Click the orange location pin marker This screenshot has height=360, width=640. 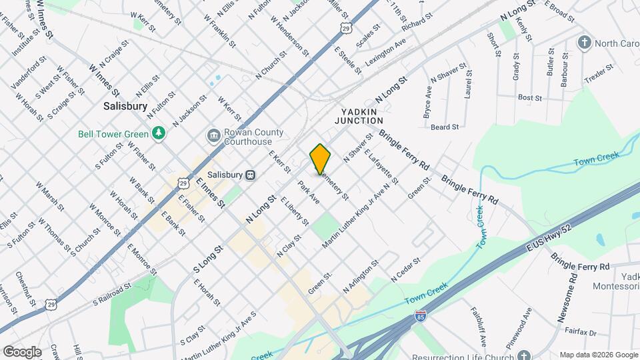pyautogui.click(x=320, y=159)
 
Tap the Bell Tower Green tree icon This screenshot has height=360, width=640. pyautogui.click(x=159, y=133)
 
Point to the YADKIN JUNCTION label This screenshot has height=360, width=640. pyautogui.click(x=362, y=116)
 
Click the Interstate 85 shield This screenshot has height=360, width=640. pyautogui.click(x=420, y=315)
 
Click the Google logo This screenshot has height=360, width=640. pyautogui.click(x=22, y=351)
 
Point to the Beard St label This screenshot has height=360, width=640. pyautogui.click(x=445, y=127)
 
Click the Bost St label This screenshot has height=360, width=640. pyautogui.click(x=530, y=97)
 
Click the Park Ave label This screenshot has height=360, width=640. pyautogui.click(x=309, y=192)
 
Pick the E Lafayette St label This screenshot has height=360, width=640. pyautogui.click(x=381, y=167)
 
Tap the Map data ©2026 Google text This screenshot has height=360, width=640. pyautogui.click(x=598, y=355)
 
